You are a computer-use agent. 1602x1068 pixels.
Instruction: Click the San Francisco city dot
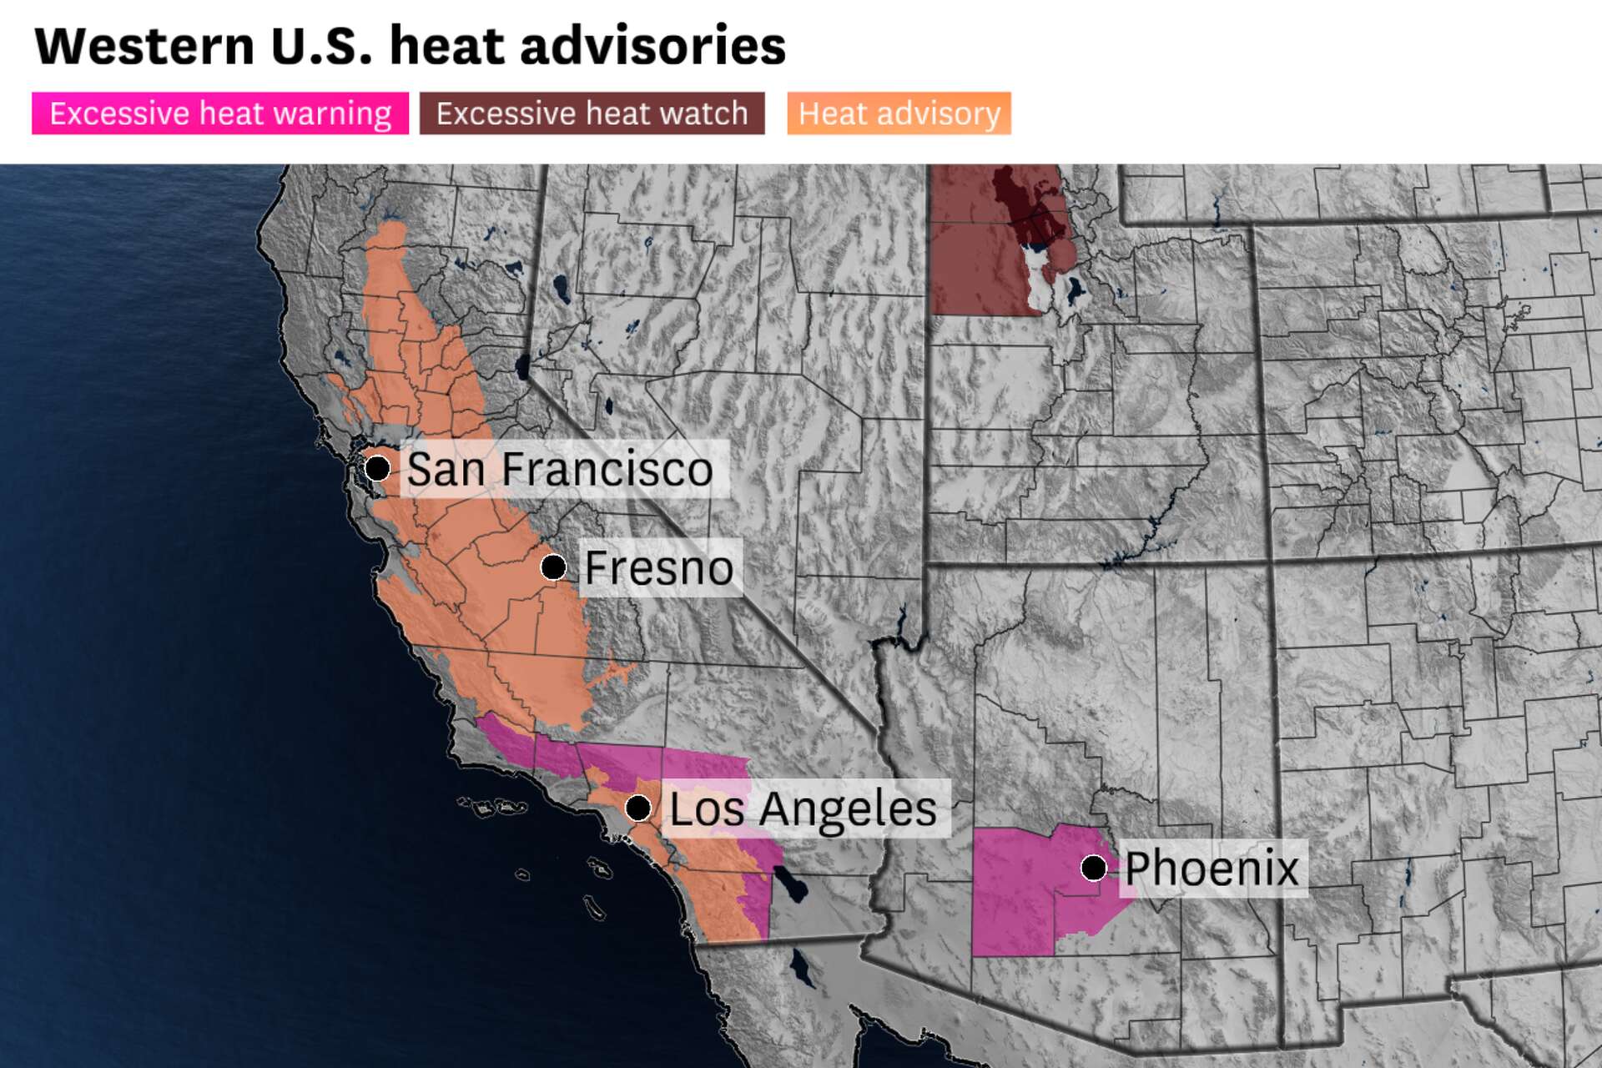point(377,467)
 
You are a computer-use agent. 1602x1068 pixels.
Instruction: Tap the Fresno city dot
point(553,567)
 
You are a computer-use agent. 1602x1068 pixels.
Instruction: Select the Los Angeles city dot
point(638,808)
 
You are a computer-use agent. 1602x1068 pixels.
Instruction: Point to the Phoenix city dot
point(1094,868)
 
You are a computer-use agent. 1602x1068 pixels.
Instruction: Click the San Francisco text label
point(560,469)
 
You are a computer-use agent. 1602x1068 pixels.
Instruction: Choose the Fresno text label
point(659,568)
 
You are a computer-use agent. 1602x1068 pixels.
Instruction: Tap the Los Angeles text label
point(804,809)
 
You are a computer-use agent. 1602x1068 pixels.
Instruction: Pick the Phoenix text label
point(1212,869)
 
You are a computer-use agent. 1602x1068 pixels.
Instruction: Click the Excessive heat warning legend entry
point(220,113)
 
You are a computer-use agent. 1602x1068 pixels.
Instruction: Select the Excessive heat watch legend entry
point(592,113)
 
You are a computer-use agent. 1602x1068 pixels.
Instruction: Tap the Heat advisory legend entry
point(899,113)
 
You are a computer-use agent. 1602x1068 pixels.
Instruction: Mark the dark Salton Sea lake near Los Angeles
point(790,884)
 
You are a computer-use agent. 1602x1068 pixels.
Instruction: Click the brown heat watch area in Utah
point(972,267)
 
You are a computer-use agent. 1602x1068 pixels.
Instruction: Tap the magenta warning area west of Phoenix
point(1014,893)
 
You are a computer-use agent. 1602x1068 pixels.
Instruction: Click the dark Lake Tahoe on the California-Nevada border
point(523,365)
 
